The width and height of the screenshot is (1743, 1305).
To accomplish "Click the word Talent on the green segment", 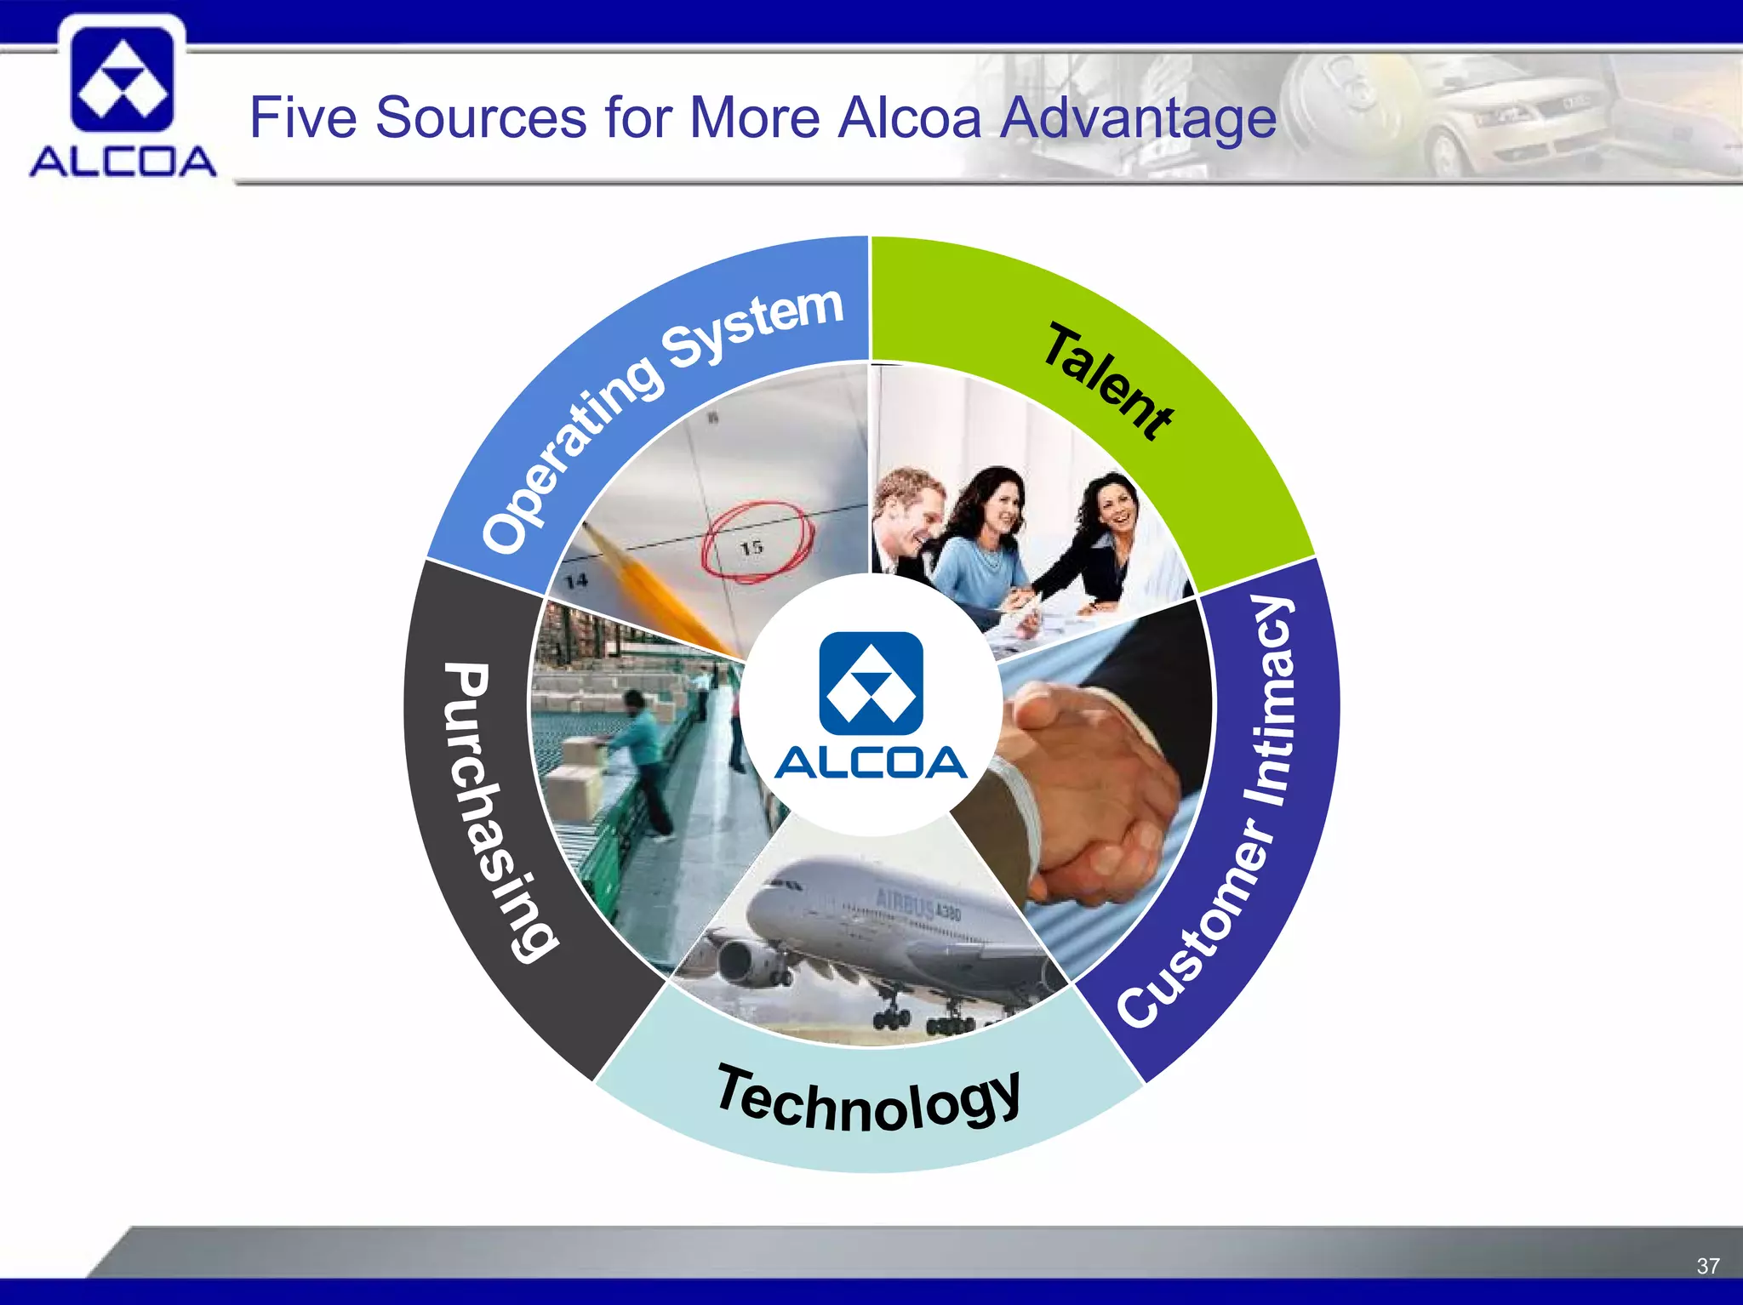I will [1108, 381].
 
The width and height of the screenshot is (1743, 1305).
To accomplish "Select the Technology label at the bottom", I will [868, 1101].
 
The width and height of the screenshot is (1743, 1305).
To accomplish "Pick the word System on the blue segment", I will [753, 328].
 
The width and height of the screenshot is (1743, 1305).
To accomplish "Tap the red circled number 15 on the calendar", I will [753, 544].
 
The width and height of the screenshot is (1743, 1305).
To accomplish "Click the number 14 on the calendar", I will [576, 581].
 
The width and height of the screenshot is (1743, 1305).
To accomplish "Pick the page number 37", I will [1707, 1266].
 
